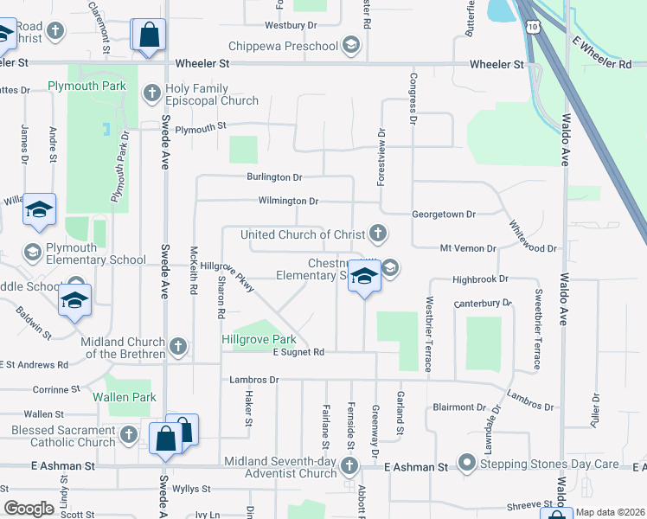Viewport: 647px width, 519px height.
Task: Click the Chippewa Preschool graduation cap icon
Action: [x=350, y=45]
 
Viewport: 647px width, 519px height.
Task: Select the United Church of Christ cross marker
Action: [x=377, y=233]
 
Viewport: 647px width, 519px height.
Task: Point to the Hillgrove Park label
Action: [x=259, y=340]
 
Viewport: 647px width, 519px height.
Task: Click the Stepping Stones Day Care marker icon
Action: [x=468, y=464]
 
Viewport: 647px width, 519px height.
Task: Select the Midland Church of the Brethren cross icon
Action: [x=178, y=347]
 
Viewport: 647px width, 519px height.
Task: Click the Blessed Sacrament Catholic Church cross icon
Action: [x=129, y=434]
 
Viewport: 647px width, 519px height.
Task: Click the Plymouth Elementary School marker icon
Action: [x=33, y=252]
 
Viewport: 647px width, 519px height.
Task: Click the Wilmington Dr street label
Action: [x=289, y=202]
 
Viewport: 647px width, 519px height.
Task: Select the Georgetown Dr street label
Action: [x=445, y=214]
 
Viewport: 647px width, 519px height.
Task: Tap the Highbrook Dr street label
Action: [x=479, y=279]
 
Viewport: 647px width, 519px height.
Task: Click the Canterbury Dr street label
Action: [x=483, y=304]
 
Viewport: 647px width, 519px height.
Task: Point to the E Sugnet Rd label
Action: [x=298, y=352]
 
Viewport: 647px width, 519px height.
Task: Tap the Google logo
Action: [x=29, y=508]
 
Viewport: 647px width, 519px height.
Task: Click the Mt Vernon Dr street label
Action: [x=468, y=248]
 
